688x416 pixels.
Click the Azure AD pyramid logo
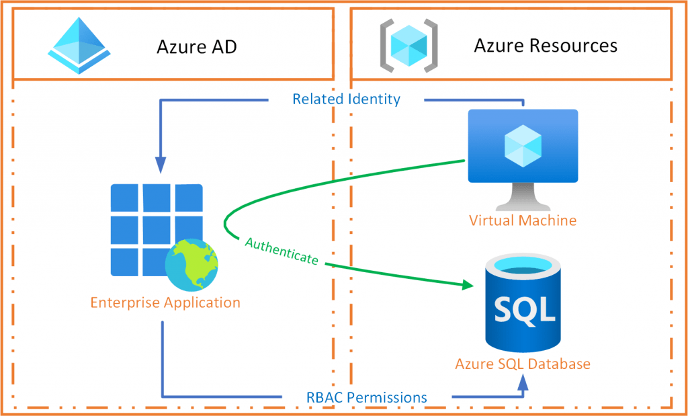point(79,46)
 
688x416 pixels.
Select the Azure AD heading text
point(197,47)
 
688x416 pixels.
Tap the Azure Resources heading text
point(546,46)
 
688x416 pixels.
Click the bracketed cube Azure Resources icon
point(409,44)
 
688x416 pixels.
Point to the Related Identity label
point(346,99)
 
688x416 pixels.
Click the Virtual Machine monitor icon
point(523,160)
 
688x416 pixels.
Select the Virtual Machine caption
point(523,220)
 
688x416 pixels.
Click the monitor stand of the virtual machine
point(523,197)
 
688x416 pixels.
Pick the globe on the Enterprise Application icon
point(191,266)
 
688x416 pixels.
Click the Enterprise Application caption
point(165,302)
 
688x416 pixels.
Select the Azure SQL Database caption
point(523,364)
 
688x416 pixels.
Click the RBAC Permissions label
point(366,398)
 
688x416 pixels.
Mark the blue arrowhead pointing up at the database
point(523,385)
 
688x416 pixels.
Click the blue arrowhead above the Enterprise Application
point(161,165)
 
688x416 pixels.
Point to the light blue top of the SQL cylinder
point(523,267)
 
